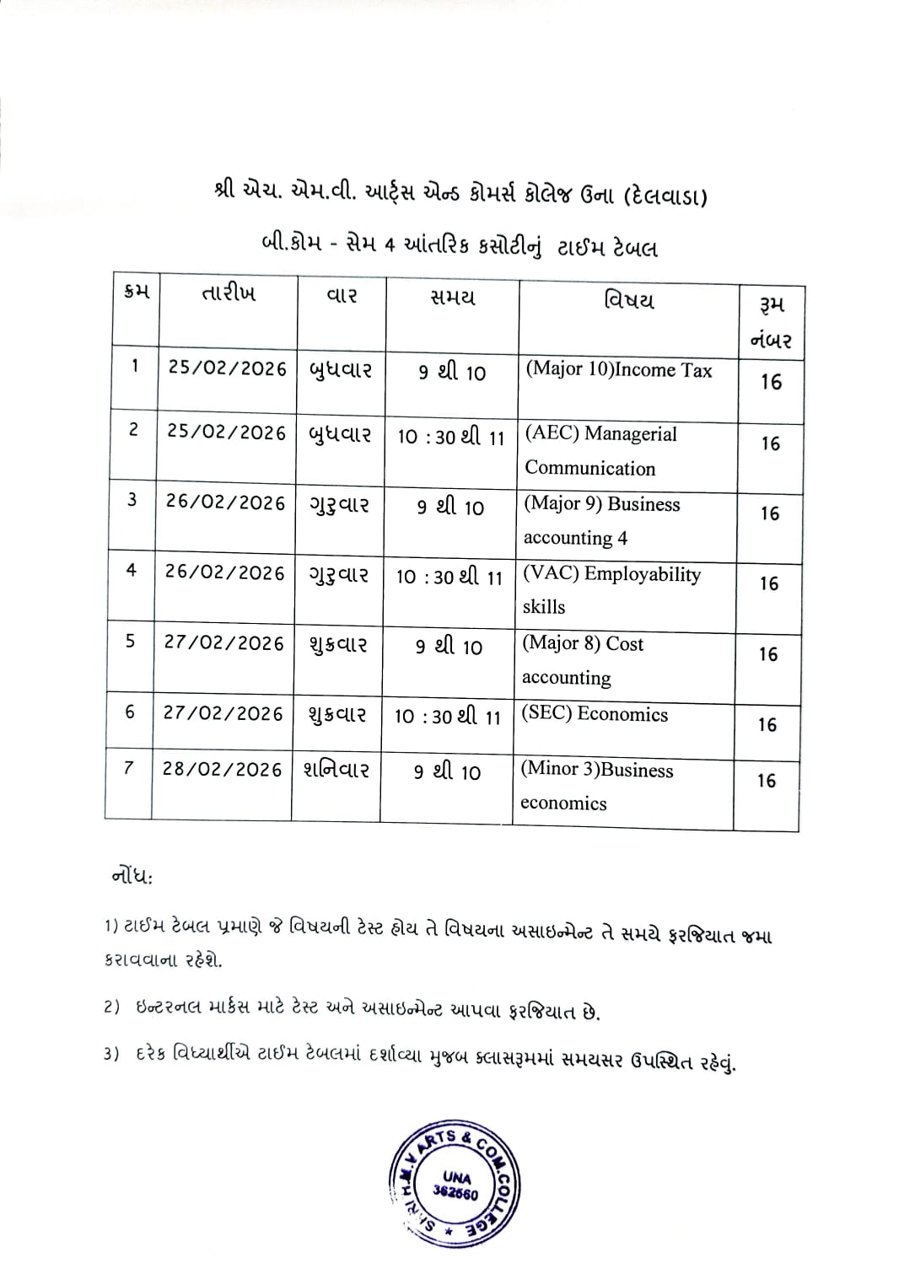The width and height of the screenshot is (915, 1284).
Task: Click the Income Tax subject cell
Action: [x=618, y=370]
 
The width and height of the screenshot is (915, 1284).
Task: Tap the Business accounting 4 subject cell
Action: [x=601, y=521]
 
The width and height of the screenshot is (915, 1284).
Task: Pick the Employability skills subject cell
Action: [x=611, y=590]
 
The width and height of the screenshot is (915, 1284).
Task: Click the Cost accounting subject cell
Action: [x=583, y=660]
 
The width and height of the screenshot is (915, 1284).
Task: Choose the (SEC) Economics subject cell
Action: [x=595, y=714]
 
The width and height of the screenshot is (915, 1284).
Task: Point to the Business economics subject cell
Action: [x=596, y=786]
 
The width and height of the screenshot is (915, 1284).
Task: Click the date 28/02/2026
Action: [x=222, y=770]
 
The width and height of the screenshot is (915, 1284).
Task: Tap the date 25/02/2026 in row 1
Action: [x=228, y=368]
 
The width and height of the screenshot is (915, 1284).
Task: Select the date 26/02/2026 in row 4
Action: [x=224, y=573]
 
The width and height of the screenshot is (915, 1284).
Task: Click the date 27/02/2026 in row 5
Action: [x=223, y=643]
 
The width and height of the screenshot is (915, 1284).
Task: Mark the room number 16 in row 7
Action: [x=766, y=782]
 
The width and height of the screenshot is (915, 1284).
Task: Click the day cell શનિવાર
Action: [x=336, y=770]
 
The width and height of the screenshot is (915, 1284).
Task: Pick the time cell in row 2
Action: [x=450, y=438]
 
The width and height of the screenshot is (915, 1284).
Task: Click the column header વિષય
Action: [x=628, y=301]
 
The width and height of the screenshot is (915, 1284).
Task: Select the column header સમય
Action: [x=453, y=297]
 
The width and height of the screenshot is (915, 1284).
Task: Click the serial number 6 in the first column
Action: [x=130, y=712]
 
